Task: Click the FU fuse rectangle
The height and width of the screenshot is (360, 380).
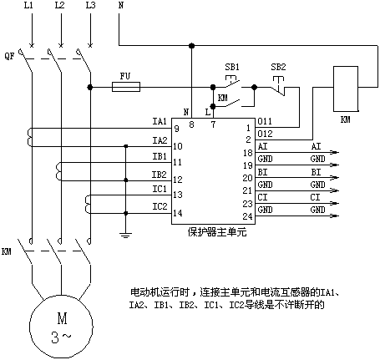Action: click(126, 87)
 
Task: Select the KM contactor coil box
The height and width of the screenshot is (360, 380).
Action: click(346, 89)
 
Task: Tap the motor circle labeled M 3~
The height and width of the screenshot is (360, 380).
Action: click(61, 327)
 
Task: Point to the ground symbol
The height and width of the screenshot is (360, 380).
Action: click(125, 234)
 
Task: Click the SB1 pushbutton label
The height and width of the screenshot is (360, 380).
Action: click(232, 67)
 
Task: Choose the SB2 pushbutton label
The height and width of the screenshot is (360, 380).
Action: click(278, 67)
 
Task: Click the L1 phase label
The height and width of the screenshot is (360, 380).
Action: click(28, 5)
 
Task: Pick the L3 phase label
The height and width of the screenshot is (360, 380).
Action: click(91, 5)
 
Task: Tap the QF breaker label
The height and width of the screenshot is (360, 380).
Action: click(9, 56)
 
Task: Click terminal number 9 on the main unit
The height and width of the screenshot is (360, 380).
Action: click(176, 129)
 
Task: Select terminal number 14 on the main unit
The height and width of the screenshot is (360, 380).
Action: click(178, 213)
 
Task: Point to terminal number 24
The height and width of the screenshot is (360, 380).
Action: click(247, 216)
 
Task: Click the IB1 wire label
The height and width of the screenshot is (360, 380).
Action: click(160, 156)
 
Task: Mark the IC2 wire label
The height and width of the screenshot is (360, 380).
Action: click(160, 206)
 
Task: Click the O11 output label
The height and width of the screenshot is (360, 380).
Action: click(265, 121)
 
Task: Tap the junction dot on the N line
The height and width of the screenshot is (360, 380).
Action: click(191, 46)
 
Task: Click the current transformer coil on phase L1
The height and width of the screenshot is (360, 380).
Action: click(29, 137)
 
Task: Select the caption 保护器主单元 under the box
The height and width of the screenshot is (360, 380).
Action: click(217, 232)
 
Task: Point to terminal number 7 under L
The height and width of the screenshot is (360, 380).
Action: click(213, 124)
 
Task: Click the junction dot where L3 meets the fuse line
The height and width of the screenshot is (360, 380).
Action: click(90, 87)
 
